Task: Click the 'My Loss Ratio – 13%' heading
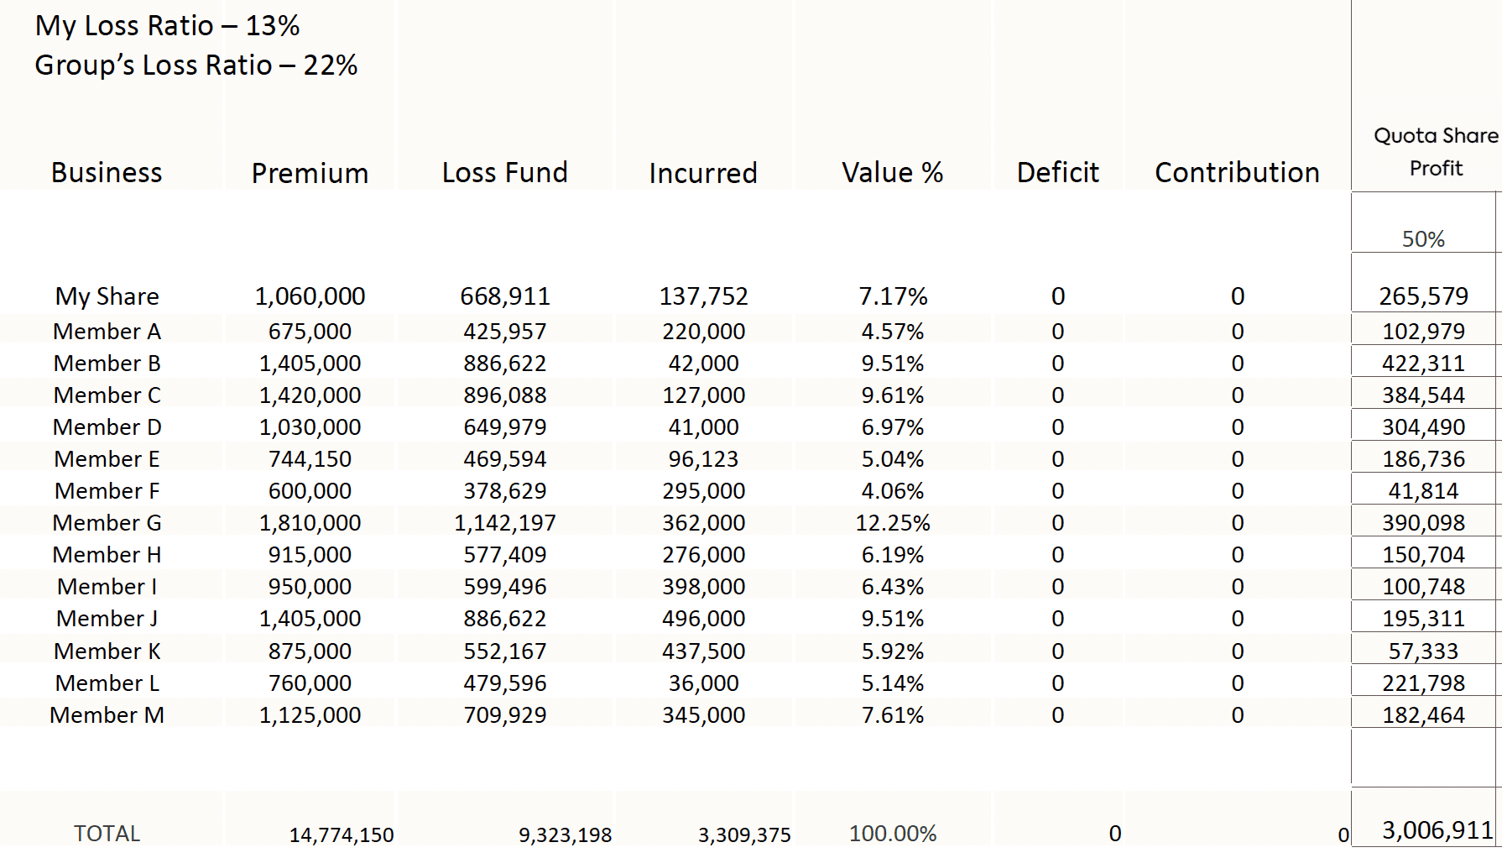click(x=167, y=26)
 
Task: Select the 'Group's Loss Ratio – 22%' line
click(x=196, y=65)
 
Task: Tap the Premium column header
click(x=310, y=173)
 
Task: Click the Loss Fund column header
click(x=504, y=173)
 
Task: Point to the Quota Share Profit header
click(x=1435, y=152)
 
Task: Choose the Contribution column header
click(x=1237, y=173)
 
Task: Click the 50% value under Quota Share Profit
click(x=1423, y=239)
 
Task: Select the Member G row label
click(x=107, y=523)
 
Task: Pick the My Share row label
click(x=107, y=296)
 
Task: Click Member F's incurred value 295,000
click(x=703, y=491)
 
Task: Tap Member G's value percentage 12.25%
click(x=892, y=523)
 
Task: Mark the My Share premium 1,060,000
click(x=310, y=296)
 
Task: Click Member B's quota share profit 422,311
click(x=1423, y=364)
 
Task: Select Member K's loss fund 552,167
click(x=504, y=651)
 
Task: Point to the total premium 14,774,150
click(x=341, y=835)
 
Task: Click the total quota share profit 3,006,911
click(x=1437, y=830)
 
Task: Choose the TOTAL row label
click(x=107, y=834)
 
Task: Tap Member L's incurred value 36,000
click(x=703, y=683)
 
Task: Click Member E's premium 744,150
click(x=310, y=459)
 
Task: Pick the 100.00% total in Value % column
click(x=892, y=834)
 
